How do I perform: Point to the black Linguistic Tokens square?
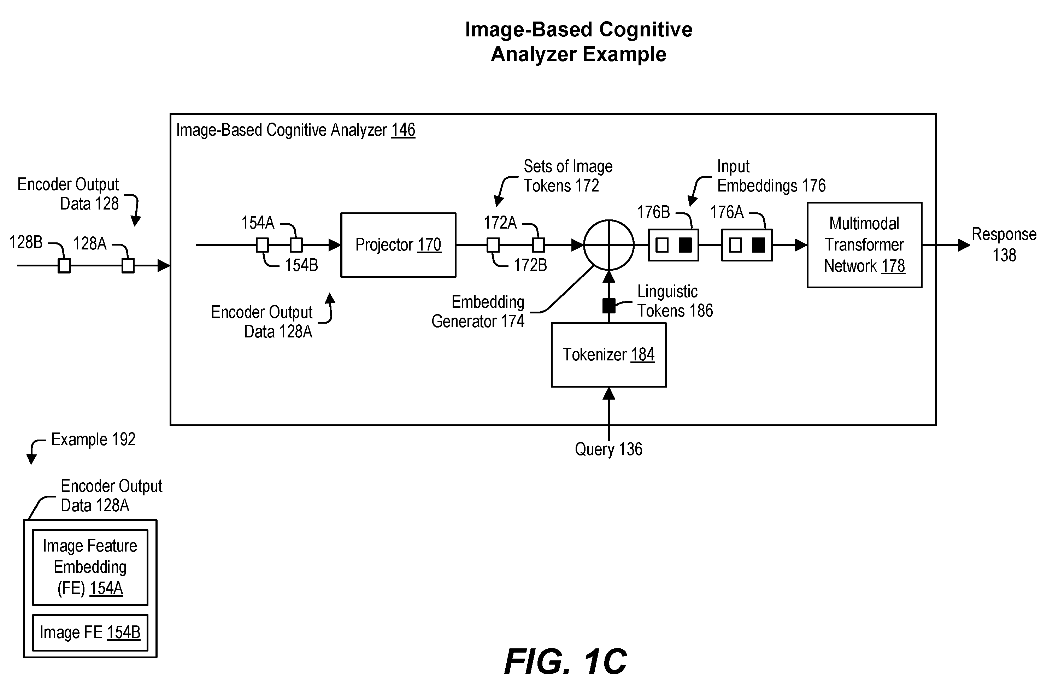click(x=608, y=305)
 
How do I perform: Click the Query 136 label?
click(x=608, y=449)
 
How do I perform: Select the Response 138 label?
click(x=1004, y=244)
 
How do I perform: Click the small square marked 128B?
click(x=64, y=266)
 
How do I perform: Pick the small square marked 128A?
click(x=128, y=266)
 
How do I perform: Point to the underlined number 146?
click(x=403, y=130)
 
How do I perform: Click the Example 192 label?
click(x=93, y=439)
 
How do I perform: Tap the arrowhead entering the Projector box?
click(x=335, y=245)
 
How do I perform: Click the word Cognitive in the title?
click(x=646, y=30)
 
